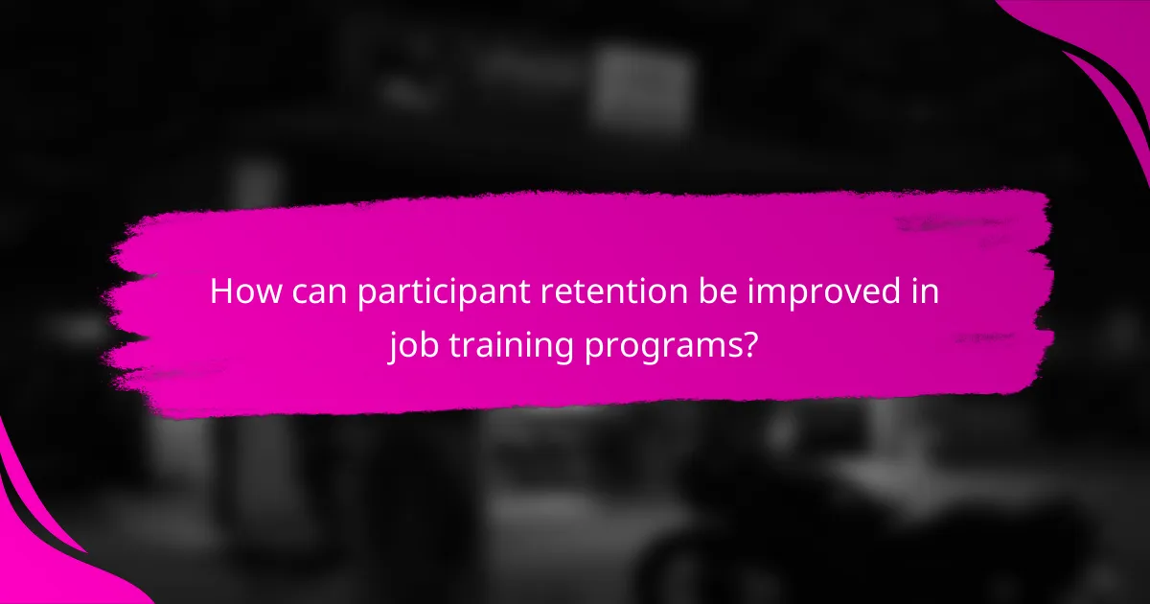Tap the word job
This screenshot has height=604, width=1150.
(x=412, y=343)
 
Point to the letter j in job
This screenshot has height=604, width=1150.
(x=393, y=343)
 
